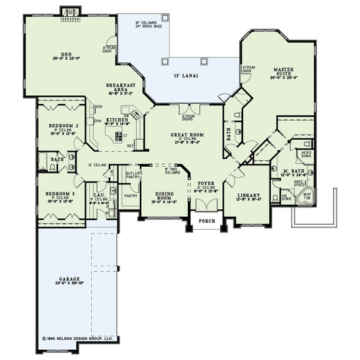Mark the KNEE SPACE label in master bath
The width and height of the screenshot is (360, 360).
pyautogui.click(x=297, y=184)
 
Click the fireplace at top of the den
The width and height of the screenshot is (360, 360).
pyautogui.click(x=70, y=11)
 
